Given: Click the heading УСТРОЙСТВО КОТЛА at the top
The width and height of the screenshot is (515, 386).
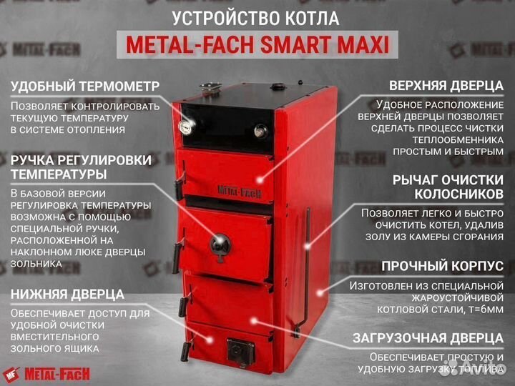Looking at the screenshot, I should (x=256, y=17).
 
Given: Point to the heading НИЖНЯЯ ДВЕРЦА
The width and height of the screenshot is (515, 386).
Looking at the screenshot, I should (x=67, y=294).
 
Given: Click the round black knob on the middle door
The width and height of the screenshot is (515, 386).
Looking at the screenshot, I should (x=219, y=244).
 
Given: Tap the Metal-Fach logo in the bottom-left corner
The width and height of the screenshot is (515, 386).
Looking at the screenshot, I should (x=44, y=371).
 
